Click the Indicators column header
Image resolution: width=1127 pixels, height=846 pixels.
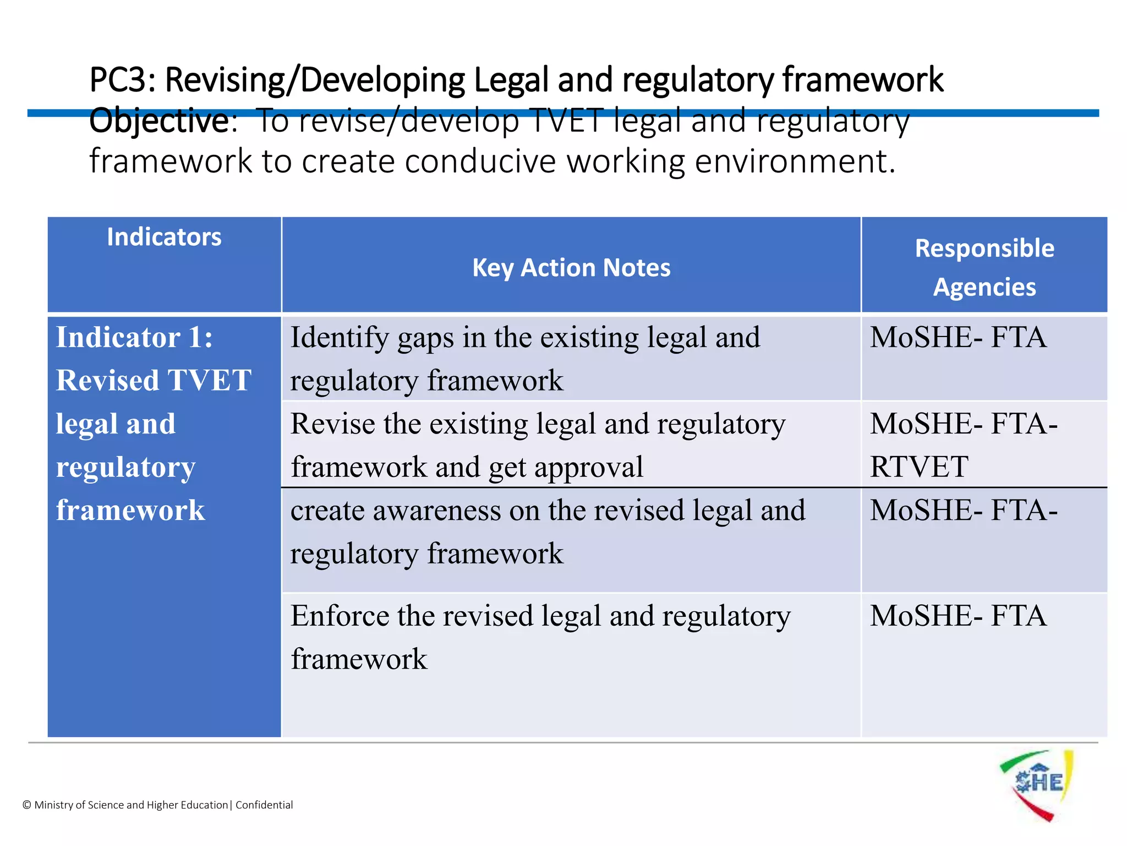pos(164,237)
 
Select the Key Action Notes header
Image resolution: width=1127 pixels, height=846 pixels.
pos(571,268)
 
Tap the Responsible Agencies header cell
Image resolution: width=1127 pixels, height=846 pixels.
pos(984,268)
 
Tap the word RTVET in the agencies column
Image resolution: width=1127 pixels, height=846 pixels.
pos(919,467)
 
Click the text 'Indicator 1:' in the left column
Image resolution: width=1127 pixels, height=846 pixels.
pos(134,338)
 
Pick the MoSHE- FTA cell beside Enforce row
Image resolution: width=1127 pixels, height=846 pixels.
pos(958,616)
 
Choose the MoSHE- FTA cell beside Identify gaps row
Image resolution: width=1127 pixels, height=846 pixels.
pos(958,338)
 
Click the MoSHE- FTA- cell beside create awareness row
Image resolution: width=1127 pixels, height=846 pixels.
pos(964,511)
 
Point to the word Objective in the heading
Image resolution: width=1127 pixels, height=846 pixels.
pos(158,121)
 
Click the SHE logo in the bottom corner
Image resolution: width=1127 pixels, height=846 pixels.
pos(1037,784)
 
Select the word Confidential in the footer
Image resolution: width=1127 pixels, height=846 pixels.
pos(264,805)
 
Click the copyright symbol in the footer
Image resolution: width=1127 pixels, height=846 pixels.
pos(26,805)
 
